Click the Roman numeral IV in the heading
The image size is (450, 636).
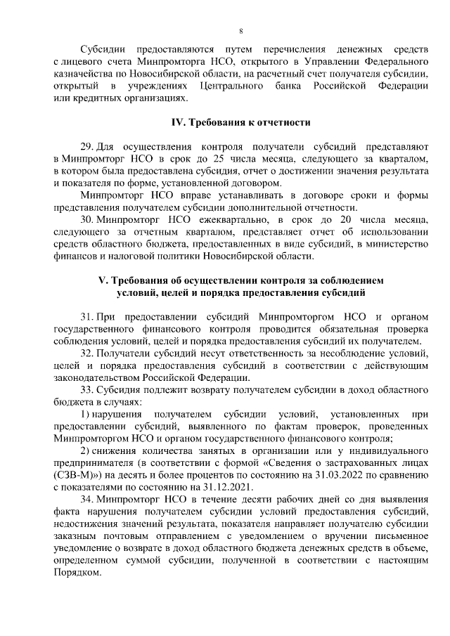(179, 123)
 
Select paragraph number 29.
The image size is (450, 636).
(87, 148)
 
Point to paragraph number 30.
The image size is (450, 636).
(87, 219)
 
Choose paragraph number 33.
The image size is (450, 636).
(87, 389)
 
